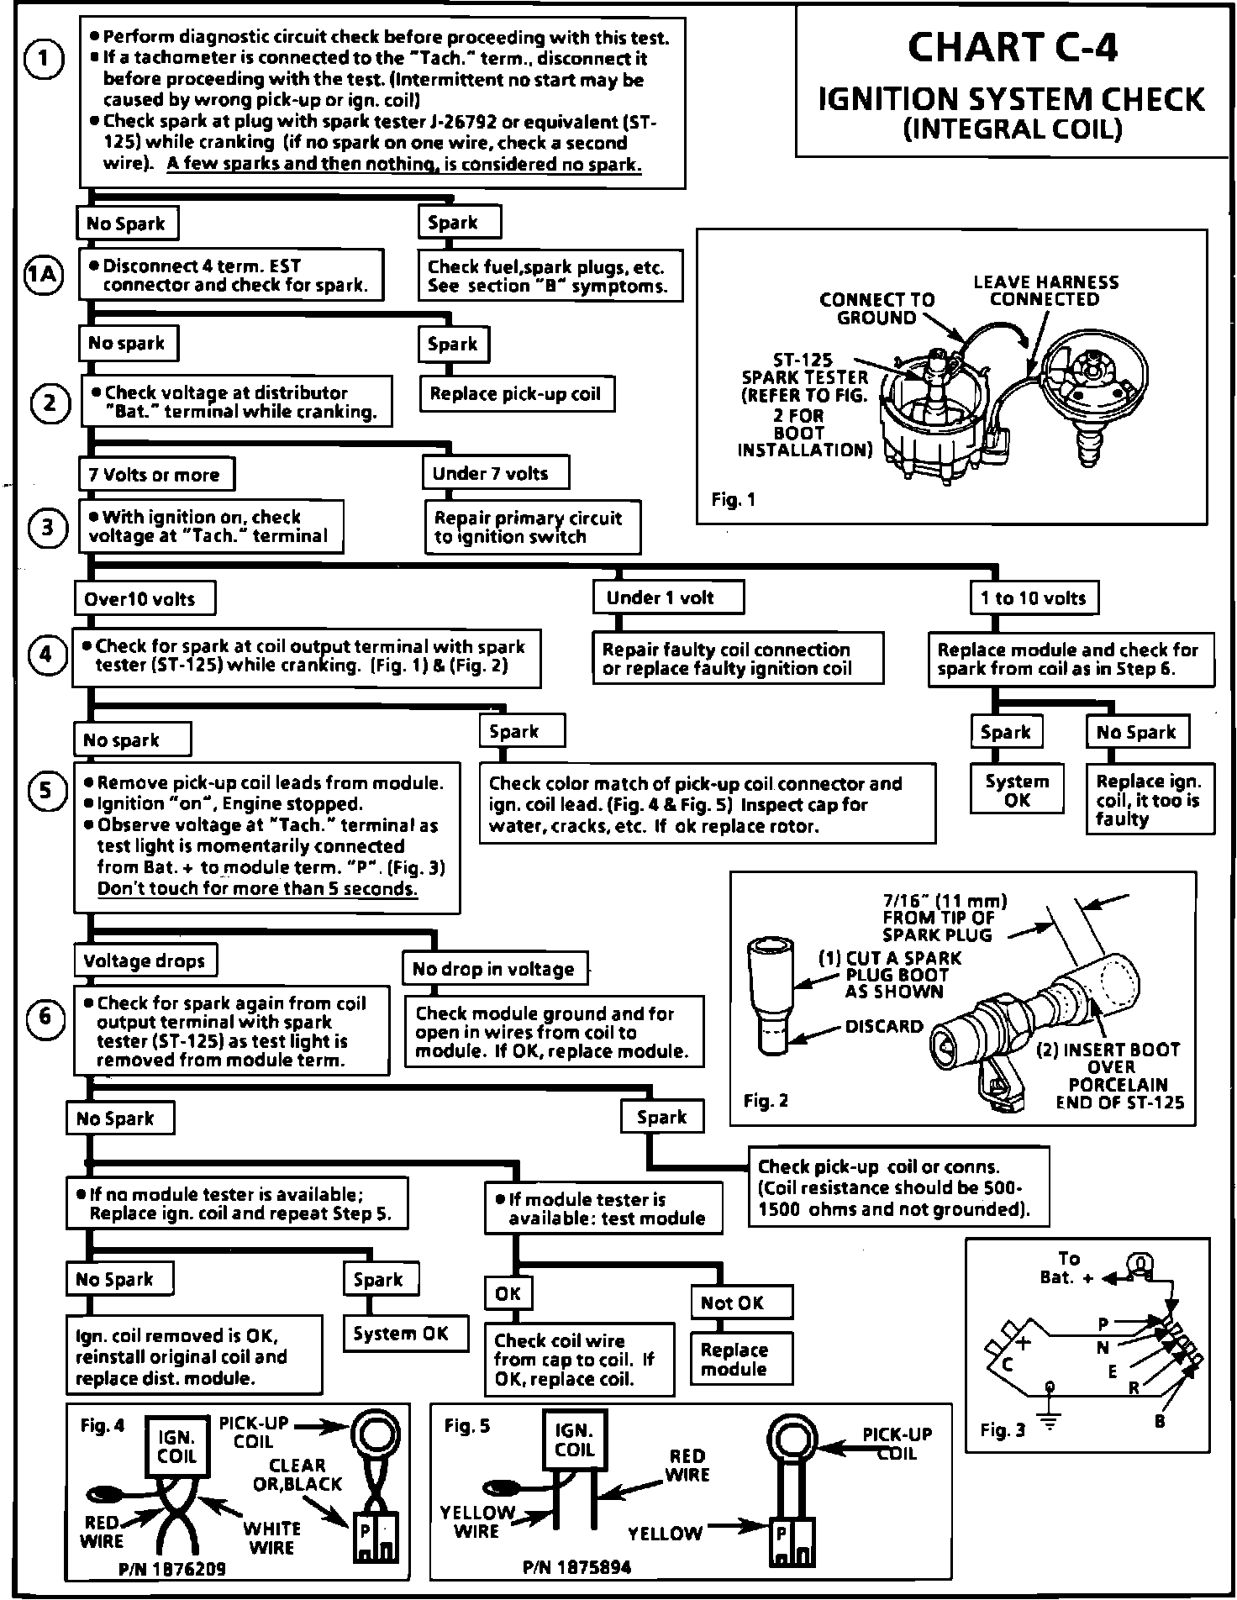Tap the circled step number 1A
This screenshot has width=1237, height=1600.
pyautogui.click(x=43, y=276)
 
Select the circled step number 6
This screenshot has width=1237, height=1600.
pyautogui.click(x=45, y=1018)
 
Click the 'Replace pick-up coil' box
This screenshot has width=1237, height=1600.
pyautogui.click(x=516, y=394)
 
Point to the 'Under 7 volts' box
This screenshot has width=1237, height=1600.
pyautogui.click(x=494, y=473)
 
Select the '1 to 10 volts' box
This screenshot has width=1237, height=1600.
pyautogui.click(x=1033, y=598)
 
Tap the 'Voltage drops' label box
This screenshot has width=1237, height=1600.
pyautogui.click(x=145, y=961)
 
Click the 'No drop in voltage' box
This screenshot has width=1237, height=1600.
pyautogui.click(x=493, y=969)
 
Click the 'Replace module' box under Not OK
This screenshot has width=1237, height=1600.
pyautogui.click(x=734, y=1359)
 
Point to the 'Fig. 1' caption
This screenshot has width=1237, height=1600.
pyautogui.click(x=733, y=499)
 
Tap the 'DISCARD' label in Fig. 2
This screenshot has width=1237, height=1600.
pyautogui.click(x=884, y=1026)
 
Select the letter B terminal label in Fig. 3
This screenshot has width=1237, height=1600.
pyautogui.click(x=1160, y=1422)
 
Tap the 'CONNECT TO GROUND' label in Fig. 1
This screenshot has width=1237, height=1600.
pyautogui.click(x=876, y=308)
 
